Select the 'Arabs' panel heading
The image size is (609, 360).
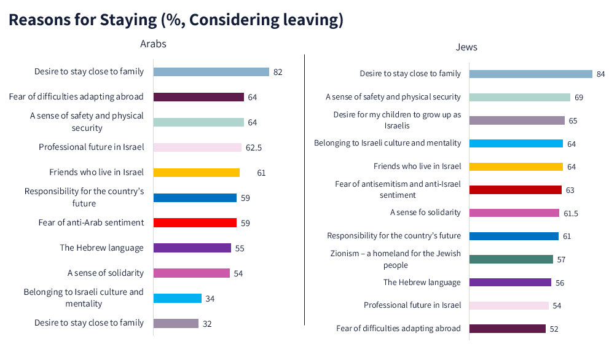pos(153,44)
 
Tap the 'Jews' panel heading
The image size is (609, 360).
pos(466,47)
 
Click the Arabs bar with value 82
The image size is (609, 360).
pos(211,72)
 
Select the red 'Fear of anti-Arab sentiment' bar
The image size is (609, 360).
pos(195,222)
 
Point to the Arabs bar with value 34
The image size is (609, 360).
pos(177,299)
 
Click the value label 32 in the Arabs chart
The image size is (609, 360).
pos(207,324)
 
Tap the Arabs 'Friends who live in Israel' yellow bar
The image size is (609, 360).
pos(196,173)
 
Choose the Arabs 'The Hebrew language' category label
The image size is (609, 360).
pos(101,248)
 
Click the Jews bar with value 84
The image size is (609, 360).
pos(530,74)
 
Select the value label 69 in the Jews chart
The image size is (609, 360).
pos(579,98)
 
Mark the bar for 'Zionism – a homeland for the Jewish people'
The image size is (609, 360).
pos(511,259)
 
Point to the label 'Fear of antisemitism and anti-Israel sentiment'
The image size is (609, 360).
pos(397,189)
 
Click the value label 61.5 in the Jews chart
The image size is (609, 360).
pos(572,213)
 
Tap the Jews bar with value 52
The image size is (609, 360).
pos(507,329)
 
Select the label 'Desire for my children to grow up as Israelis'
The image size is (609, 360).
pos(397,120)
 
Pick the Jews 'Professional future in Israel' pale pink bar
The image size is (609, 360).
pos(508,305)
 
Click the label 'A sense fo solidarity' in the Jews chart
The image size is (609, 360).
pos(425,213)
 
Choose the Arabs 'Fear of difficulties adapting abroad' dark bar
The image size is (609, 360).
pos(198,97)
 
